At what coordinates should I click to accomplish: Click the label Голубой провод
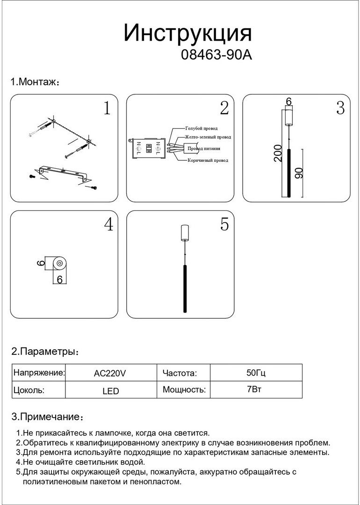click(x=201, y=128)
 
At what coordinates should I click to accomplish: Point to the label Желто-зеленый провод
click(x=208, y=137)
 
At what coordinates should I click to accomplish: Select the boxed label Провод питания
click(x=204, y=149)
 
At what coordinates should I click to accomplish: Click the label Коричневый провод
click(x=208, y=160)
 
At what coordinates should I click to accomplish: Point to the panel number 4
click(x=108, y=224)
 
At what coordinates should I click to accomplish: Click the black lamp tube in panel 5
click(x=185, y=288)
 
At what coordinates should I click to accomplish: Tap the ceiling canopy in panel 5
click(x=185, y=233)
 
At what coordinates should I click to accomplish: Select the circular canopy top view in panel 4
click(x=59, y=264)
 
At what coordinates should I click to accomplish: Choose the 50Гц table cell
click(x=256, y=373)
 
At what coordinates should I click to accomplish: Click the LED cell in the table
click(x=110, y=391)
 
